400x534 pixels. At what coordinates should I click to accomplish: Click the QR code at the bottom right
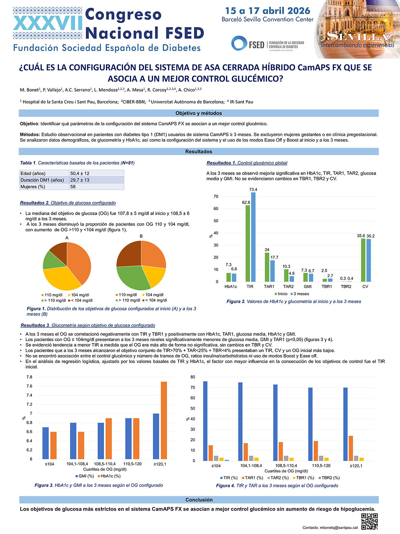click(369, 521)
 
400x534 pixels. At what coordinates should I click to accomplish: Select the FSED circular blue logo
click(239, 43)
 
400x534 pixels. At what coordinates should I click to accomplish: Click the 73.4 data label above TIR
click(253, 189)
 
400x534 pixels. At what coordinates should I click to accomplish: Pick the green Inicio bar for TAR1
click(267, 267)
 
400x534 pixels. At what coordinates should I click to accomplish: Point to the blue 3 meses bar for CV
click(369, 260)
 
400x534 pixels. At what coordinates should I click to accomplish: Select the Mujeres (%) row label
click(33, 187)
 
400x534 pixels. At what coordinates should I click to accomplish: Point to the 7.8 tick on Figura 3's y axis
click(29, 377)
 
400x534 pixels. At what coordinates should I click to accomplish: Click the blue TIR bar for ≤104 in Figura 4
click(205, 421)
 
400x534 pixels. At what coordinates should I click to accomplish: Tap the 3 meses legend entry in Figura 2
click(300, 294)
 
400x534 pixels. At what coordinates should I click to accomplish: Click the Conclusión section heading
click(199, 500)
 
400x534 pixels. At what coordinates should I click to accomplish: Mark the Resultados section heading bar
click(199, 151)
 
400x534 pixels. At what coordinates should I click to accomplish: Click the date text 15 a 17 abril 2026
click(268, 11)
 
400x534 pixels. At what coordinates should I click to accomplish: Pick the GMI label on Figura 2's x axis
click(307, 287)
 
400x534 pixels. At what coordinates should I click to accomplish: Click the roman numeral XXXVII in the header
click(48, 23)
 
